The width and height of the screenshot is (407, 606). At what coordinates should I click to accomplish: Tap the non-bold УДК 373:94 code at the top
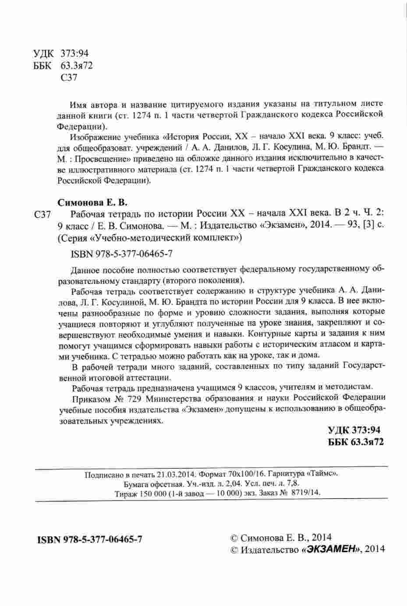point(61,53)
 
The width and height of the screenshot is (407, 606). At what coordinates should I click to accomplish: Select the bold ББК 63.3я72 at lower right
point(356,443)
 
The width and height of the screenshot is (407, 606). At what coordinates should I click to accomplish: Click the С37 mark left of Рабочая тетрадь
point(43,215)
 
